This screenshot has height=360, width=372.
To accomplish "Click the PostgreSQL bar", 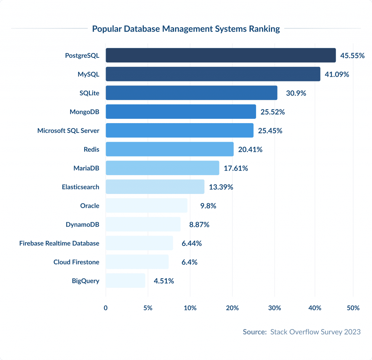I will [221, 55].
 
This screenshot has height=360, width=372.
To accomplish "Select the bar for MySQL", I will [213, 74].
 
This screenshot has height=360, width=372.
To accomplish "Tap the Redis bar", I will [169, 149].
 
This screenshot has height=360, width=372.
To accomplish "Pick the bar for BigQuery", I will [125, 281].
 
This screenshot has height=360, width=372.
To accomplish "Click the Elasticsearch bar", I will [155, 187].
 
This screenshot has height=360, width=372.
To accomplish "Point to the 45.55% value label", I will [352, 56].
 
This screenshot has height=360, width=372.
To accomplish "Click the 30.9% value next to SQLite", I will [296, 93].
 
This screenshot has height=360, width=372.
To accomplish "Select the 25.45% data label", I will [270, 131].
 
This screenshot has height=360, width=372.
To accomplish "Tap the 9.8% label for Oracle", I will [208, 206].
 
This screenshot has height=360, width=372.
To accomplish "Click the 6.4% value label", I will [189, 262].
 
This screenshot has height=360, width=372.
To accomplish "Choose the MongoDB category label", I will [84, 112].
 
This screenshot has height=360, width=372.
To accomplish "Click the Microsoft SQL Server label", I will [68, 131].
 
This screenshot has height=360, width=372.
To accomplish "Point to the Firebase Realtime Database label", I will [59, 243].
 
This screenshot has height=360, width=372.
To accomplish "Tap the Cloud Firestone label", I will [76, 262].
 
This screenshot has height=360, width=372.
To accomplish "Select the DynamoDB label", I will [82, 225].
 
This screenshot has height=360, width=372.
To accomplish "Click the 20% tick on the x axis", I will [232, 308].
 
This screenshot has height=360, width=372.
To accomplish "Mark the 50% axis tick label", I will [353, 308].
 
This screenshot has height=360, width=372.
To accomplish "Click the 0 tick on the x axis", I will [106, 308].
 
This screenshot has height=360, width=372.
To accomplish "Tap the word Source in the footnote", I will [254, 332].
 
